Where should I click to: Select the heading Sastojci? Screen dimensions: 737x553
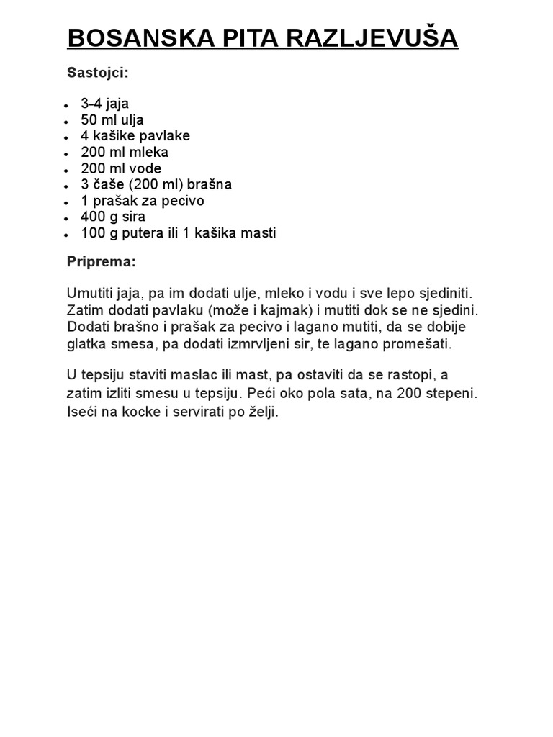98,73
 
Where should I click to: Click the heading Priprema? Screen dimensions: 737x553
102,262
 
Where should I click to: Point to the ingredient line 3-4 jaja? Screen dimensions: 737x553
104,104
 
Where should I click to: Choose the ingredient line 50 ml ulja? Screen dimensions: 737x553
112,119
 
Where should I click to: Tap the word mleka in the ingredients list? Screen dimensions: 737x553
148,152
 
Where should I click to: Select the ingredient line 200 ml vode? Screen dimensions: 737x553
121,168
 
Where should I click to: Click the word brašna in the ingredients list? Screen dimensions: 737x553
210,184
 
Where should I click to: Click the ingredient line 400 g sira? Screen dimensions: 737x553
113,217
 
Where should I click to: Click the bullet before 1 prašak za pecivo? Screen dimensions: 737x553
66,202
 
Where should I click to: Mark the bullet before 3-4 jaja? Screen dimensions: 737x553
66,105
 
